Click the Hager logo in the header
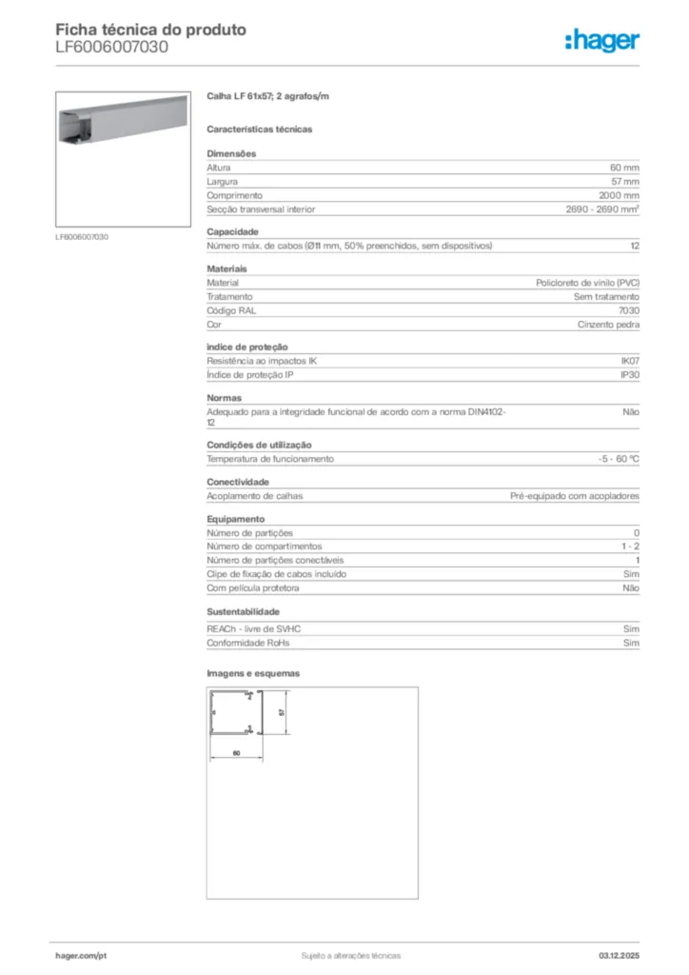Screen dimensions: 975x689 [601, 39]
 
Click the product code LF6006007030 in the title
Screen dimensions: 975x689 [112, 47]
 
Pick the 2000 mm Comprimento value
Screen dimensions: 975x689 [619, 195]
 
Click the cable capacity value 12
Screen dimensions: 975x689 [635, 246]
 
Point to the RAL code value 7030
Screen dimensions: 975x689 [629, 310]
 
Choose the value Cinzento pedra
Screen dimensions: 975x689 [608, 325]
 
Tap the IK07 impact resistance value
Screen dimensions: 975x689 [630, 362]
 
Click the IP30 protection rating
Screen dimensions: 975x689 [630, 375]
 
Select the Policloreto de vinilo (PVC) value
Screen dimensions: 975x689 [587, 283]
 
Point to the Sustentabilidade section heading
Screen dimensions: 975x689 [243, 612]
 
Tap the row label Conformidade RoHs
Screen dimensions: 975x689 [247, 644]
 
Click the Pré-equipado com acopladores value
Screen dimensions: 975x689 [575, 496]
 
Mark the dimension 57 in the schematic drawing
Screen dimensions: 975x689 [282, 712]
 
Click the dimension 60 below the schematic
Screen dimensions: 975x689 [235, 753]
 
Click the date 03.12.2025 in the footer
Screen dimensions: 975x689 [619, 955]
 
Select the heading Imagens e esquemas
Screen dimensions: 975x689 [253, 673]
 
